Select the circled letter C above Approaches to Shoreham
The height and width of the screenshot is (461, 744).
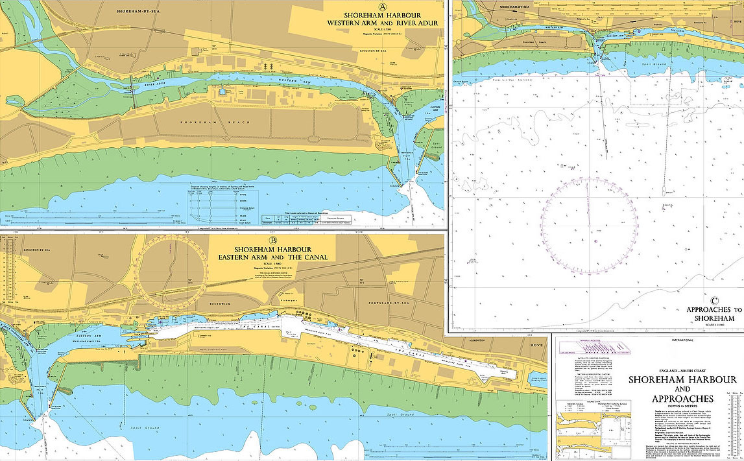[714, 300]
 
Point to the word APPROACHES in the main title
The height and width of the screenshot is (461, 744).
[683, 399]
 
